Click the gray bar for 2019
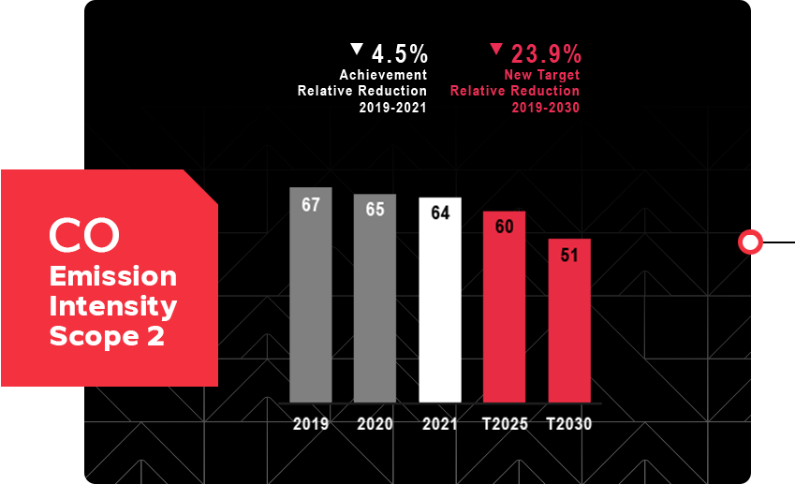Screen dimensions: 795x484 click(311, 295)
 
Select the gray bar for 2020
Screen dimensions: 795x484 click(375, 299)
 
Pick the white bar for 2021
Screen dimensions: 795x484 click(440, 300)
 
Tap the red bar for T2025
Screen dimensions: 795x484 click(504, 307)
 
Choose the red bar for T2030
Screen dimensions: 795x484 click(569, 321)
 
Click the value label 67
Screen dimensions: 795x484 click(311, 205)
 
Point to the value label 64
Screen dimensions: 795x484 click(440, 213)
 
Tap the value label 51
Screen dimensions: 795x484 click(569, 255)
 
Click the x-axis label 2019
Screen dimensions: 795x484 click(311, 424)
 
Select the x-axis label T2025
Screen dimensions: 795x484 click(505, 424)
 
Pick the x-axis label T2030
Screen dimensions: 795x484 click(569, 424)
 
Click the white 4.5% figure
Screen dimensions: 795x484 click(400, 53)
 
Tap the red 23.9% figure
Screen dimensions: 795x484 click(546, 53)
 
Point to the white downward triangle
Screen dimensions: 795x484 click(357, 49)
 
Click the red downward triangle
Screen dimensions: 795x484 click(496, 49)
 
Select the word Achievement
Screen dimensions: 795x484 click(383, 75)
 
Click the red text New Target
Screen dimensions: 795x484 click(541, 75)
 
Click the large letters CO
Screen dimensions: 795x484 click(84, 236)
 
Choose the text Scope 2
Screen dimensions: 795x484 click(107, 336)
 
